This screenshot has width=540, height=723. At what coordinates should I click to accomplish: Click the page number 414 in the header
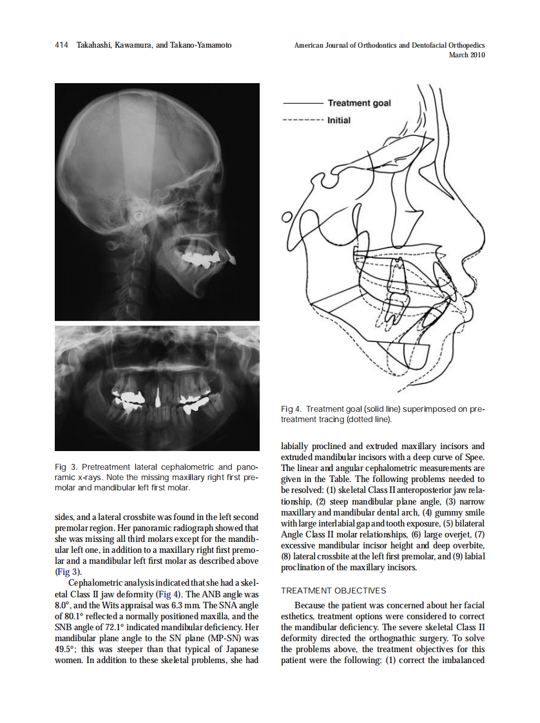[61, 45]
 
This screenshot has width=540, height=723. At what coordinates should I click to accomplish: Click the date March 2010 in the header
[467, 55]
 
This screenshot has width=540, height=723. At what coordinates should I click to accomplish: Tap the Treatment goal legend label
[359, 103]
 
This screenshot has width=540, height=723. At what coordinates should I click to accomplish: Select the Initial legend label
[339, 120]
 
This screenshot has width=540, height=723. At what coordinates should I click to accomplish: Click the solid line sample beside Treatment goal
[302, 103]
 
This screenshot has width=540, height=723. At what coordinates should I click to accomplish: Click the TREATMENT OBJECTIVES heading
[333, 590]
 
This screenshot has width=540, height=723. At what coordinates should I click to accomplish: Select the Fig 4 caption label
[291, 409]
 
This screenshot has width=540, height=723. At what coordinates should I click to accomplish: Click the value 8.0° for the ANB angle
[63, 606]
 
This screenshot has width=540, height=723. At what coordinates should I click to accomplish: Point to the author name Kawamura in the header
[135, 45]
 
